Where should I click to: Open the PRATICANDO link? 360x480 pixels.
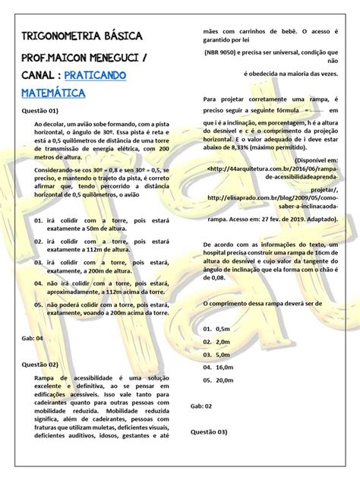(96, 76)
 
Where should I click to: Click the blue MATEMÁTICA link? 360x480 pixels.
(53, 93)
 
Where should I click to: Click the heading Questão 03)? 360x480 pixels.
(209, 432)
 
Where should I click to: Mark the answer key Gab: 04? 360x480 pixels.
(34, 338)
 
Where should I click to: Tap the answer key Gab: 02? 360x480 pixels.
(201, 406)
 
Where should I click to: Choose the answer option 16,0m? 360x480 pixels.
(224, 367)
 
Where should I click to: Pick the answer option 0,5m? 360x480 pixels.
(223, 330)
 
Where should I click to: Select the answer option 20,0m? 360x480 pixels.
(224, 379)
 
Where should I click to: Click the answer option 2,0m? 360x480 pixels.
(223, 342)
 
